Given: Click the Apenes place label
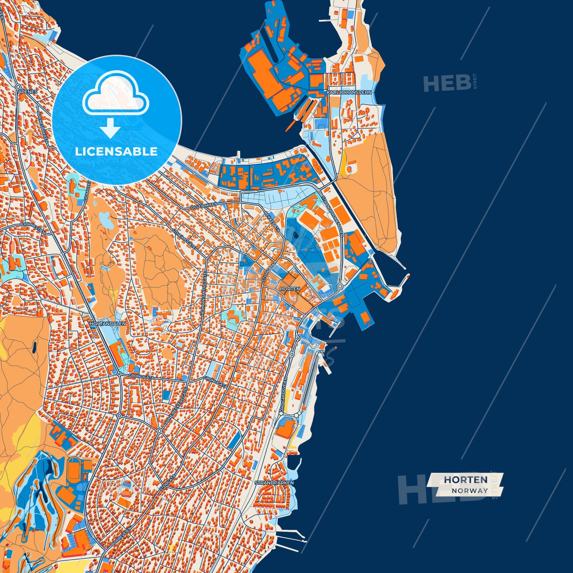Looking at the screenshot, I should [27, 92].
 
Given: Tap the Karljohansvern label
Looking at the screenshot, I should [349, 92].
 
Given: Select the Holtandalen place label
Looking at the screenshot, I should [108, 324].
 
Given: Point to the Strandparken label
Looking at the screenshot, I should [274, 483].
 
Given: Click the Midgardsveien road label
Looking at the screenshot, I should [284, 395].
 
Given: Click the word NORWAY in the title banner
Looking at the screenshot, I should [470, 491].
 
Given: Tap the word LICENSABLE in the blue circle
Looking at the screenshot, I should [116, 151].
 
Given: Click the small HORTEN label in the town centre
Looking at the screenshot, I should [290, 289].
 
